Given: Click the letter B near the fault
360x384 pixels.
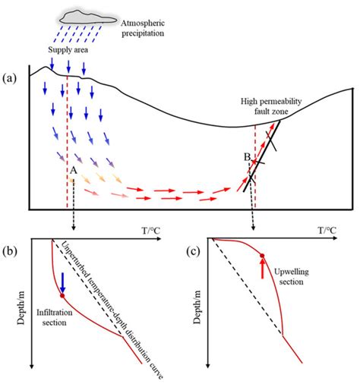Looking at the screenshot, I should tap(247, 156).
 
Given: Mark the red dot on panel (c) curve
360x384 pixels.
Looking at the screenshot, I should tap(263, 256).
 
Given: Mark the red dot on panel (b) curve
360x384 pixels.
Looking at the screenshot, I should tap(62, 296).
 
